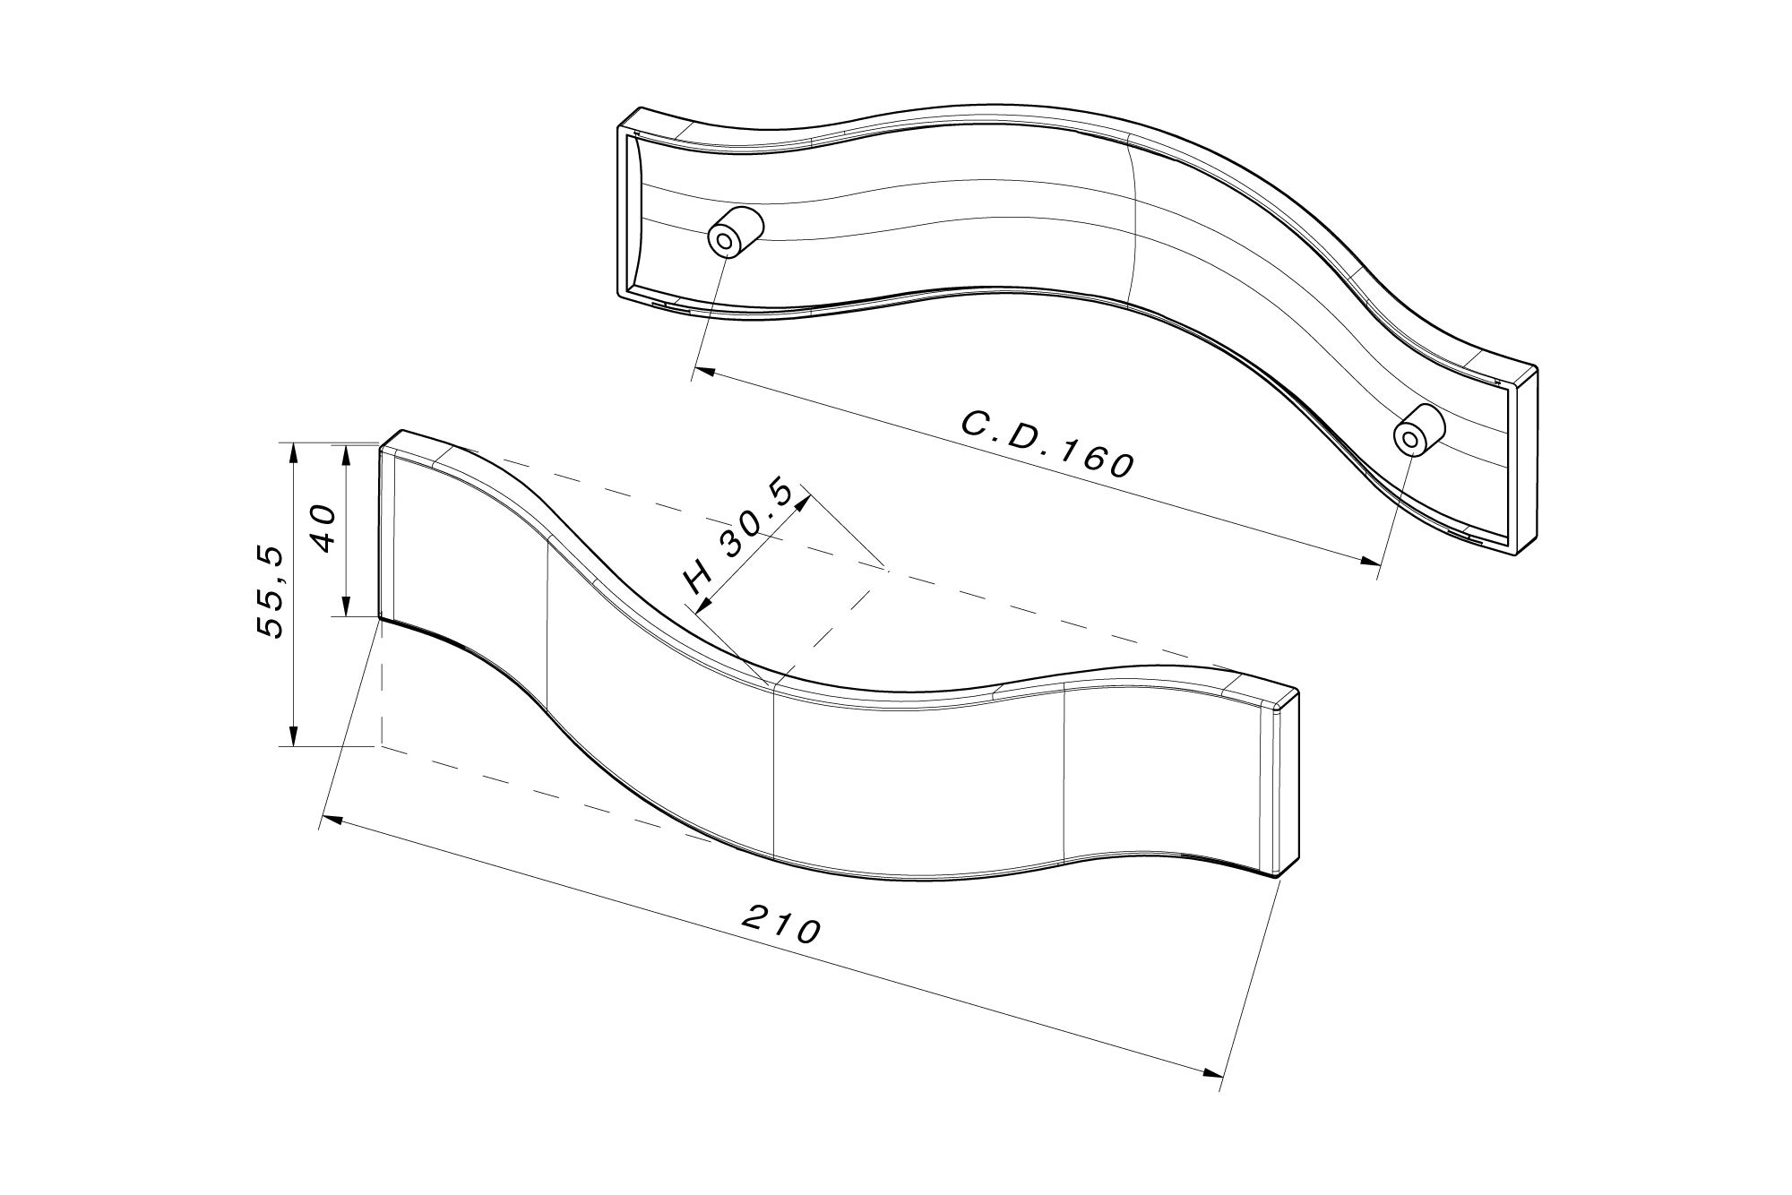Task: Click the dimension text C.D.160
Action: point(1047,445)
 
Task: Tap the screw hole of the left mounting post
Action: point(724,241)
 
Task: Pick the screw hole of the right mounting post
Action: point(1409,438)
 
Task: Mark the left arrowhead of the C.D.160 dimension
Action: point(704,370)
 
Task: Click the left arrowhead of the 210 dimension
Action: point(332,819)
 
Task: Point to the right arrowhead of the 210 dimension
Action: point(1214,1071)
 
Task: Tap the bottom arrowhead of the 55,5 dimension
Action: point(293,736)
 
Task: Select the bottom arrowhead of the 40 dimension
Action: point(345,607)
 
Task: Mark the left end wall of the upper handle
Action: point(624,211)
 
